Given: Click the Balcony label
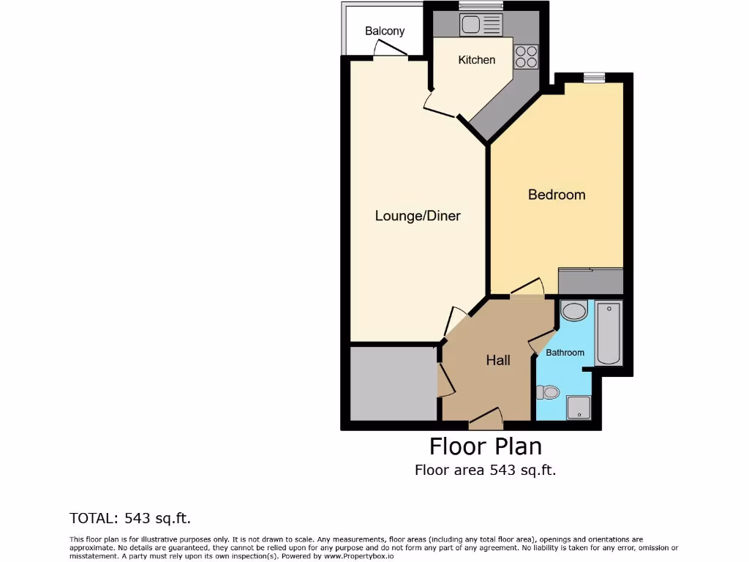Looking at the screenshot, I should click(385, 31).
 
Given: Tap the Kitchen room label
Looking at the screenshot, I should click(476, 60).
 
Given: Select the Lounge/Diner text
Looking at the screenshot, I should click(418, 216).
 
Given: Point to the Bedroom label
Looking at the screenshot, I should click(557, 195).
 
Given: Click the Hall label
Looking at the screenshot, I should click(498, 360).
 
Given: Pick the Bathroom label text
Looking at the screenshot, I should click(565, 353).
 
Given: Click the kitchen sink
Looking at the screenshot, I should click(481, 26).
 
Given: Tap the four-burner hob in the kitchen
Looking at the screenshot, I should click(526, 57).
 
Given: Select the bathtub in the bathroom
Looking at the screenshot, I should click(609, 334).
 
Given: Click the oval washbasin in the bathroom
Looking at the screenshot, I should click(574, 312).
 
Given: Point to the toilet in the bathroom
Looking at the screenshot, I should click(548, 393).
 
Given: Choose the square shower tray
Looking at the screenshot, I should click(579, 408).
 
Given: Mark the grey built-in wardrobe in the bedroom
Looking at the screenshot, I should click(590, 281).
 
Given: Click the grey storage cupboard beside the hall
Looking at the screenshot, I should click(394, 383).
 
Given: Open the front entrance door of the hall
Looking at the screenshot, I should click(486, 420).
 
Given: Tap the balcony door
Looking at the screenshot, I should click(390, 50).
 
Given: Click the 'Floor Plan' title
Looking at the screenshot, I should click(485, 446).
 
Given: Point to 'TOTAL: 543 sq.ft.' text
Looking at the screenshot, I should click(130, 518).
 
